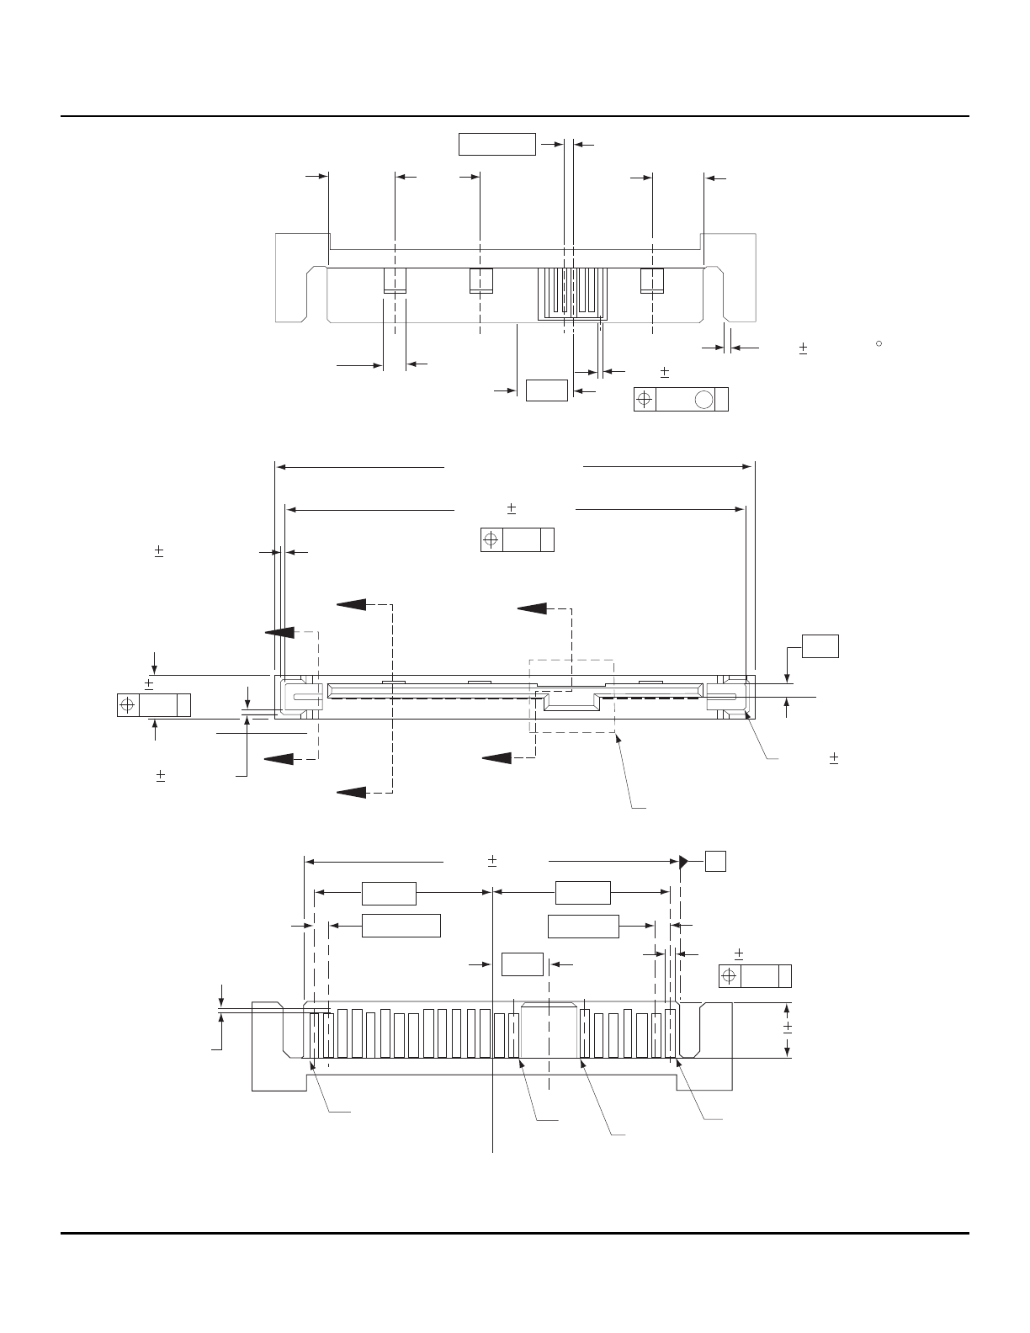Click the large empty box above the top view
[x=496, y=144]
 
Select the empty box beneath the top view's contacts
[x=546, y=390]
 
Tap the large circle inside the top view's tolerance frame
[x=703, y=399]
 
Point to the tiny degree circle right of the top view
[x=878, y=343]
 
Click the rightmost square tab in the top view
[x=652, y=280]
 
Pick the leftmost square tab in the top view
[x=395, y=280]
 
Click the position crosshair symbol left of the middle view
[x=128, y=705]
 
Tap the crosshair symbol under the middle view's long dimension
[x=491, y=539]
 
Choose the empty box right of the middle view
[x=820, y=645]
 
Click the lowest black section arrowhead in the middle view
[x=352, y=791]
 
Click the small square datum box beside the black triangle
[x=715, y=860]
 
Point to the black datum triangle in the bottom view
[x=684, y=860]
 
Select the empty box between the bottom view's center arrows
[x=522, y=964]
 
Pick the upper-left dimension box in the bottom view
[x=389, y=893]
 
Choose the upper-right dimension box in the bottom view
[x=583, y=893]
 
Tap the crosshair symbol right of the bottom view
[x=730, y=976]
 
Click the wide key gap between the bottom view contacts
[x=549, y=1031]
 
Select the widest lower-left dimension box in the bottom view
[x=401, y=925]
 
